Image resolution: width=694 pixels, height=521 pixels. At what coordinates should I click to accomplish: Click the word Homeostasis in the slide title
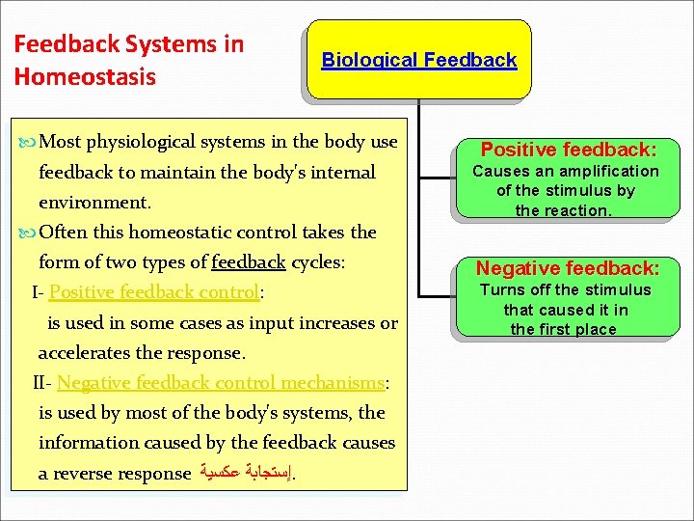pyautogui.click(x=85, y=76)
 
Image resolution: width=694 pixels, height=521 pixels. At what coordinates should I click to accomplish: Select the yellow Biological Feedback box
pyautogui.click(x=418, y=60)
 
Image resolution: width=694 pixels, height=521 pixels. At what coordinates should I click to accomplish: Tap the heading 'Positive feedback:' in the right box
pyautogui.click(x=569, y=150)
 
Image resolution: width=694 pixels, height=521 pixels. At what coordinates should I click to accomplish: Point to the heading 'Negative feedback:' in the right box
pyautogui.click(x=568, y=268)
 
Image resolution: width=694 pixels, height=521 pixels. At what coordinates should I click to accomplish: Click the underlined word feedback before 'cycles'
pyautogui.click(x=248, y=262)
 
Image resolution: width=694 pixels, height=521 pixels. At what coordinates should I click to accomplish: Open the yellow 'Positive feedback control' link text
pyautogui.click(x=154, y=292)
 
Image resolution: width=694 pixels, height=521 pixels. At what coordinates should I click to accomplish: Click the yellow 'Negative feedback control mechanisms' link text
pyautogui.click(x=221, y=383)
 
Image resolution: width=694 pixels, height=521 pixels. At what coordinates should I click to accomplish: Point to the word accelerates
pyautogui.click(x=88, y=352)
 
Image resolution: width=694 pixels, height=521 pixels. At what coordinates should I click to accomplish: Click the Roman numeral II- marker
pyautogui.click(x=42, y=383)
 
